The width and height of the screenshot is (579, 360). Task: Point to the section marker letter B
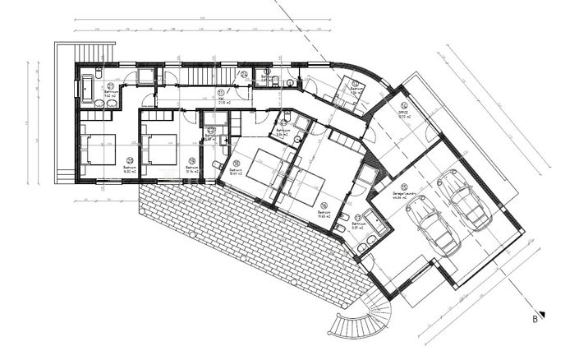(533, 316)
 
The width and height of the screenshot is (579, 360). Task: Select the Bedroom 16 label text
(324, 213)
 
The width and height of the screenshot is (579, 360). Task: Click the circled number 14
(403, 107)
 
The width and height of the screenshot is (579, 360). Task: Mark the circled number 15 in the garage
(407, 187)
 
